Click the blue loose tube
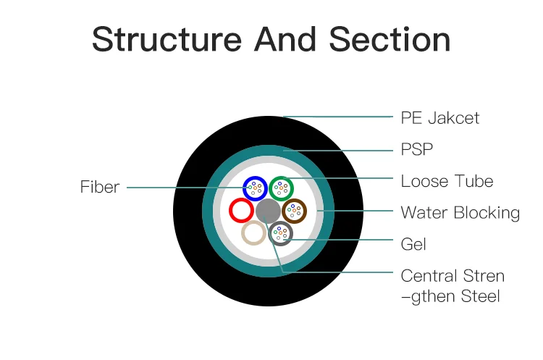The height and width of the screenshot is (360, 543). (x=254, y=188)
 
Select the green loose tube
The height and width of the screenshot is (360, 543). (x=281, y=188)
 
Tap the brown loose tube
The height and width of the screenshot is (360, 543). (x=294, y=211)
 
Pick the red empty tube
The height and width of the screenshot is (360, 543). (x=240, y=211)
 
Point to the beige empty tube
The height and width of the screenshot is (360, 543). (x=253, y=233)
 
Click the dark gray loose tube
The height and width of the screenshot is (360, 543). (x=281, y=233)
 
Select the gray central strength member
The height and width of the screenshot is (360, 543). (x=267, y=211)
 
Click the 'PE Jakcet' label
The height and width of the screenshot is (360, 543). (x=439, y=117)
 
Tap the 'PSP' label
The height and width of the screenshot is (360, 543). (x=417, y=149)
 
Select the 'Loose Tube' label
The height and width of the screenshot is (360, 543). (x=447, y=181)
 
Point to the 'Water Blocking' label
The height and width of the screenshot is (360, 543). (x=460, y=213)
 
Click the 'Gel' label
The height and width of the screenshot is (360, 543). (x=413, y=244)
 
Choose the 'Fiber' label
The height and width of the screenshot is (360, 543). (x=99, y=187)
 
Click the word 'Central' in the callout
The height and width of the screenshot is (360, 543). (x=429, y=276)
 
